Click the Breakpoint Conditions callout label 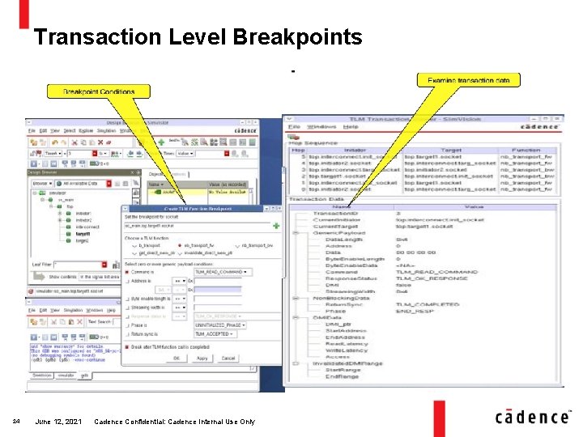(x=99, y=91)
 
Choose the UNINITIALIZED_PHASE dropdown (x=217, y=325)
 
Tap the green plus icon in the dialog (x=276, y=226)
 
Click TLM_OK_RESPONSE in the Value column (x=425, y=278)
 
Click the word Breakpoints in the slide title (x=297, y=37)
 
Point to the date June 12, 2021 (x=57, y=422)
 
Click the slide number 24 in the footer (x=16, y=422)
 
